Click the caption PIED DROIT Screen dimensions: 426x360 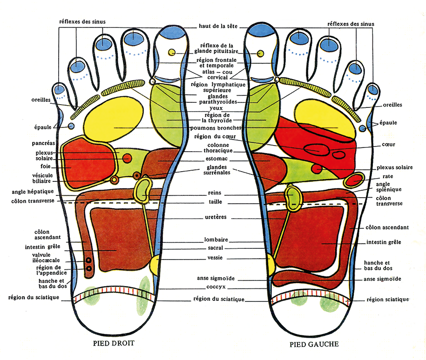(114, 343)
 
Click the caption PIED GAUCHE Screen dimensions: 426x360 (314, 345)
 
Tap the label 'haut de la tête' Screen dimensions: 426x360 (218, 26)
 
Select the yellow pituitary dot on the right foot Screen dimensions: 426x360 (171, 52)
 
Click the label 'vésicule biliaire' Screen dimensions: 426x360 (42, 178)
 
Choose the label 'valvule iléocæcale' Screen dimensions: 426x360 (46, 257)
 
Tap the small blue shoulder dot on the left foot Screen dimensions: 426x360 (362, 128)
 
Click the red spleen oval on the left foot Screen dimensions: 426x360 (353, 180)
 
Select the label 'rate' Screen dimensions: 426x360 (388, 176)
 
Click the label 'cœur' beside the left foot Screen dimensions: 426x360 (388, 145)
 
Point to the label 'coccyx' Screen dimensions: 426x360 (216, 287)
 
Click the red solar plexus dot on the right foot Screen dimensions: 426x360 (127, 158)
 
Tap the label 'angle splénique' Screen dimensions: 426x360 (388, 187)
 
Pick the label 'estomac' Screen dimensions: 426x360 (216, 159)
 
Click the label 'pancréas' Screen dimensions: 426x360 (43, 143)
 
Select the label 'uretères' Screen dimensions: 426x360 (216, 217)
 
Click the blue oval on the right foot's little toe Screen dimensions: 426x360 (60, 89)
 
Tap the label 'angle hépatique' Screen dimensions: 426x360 (33, 192)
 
